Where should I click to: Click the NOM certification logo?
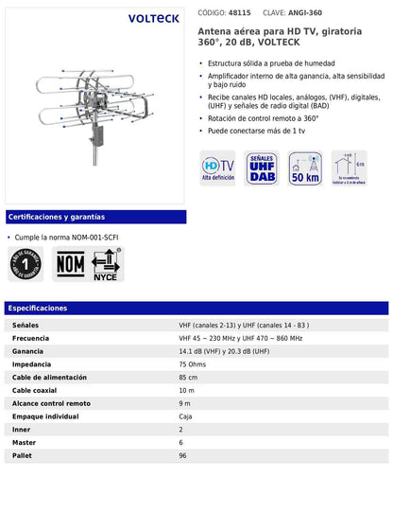tap(68, 263)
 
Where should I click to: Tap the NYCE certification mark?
tap(105, 264)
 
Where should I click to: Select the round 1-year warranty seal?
tap(26, 264)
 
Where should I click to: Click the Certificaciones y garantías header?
tap(57, 217)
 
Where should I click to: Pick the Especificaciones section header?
tap(38, 309)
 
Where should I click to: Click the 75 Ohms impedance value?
tap(193, 363)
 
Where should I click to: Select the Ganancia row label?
tap(29, 350)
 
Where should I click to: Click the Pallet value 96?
tap(183, 455)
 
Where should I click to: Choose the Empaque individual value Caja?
tap(186, 416)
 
